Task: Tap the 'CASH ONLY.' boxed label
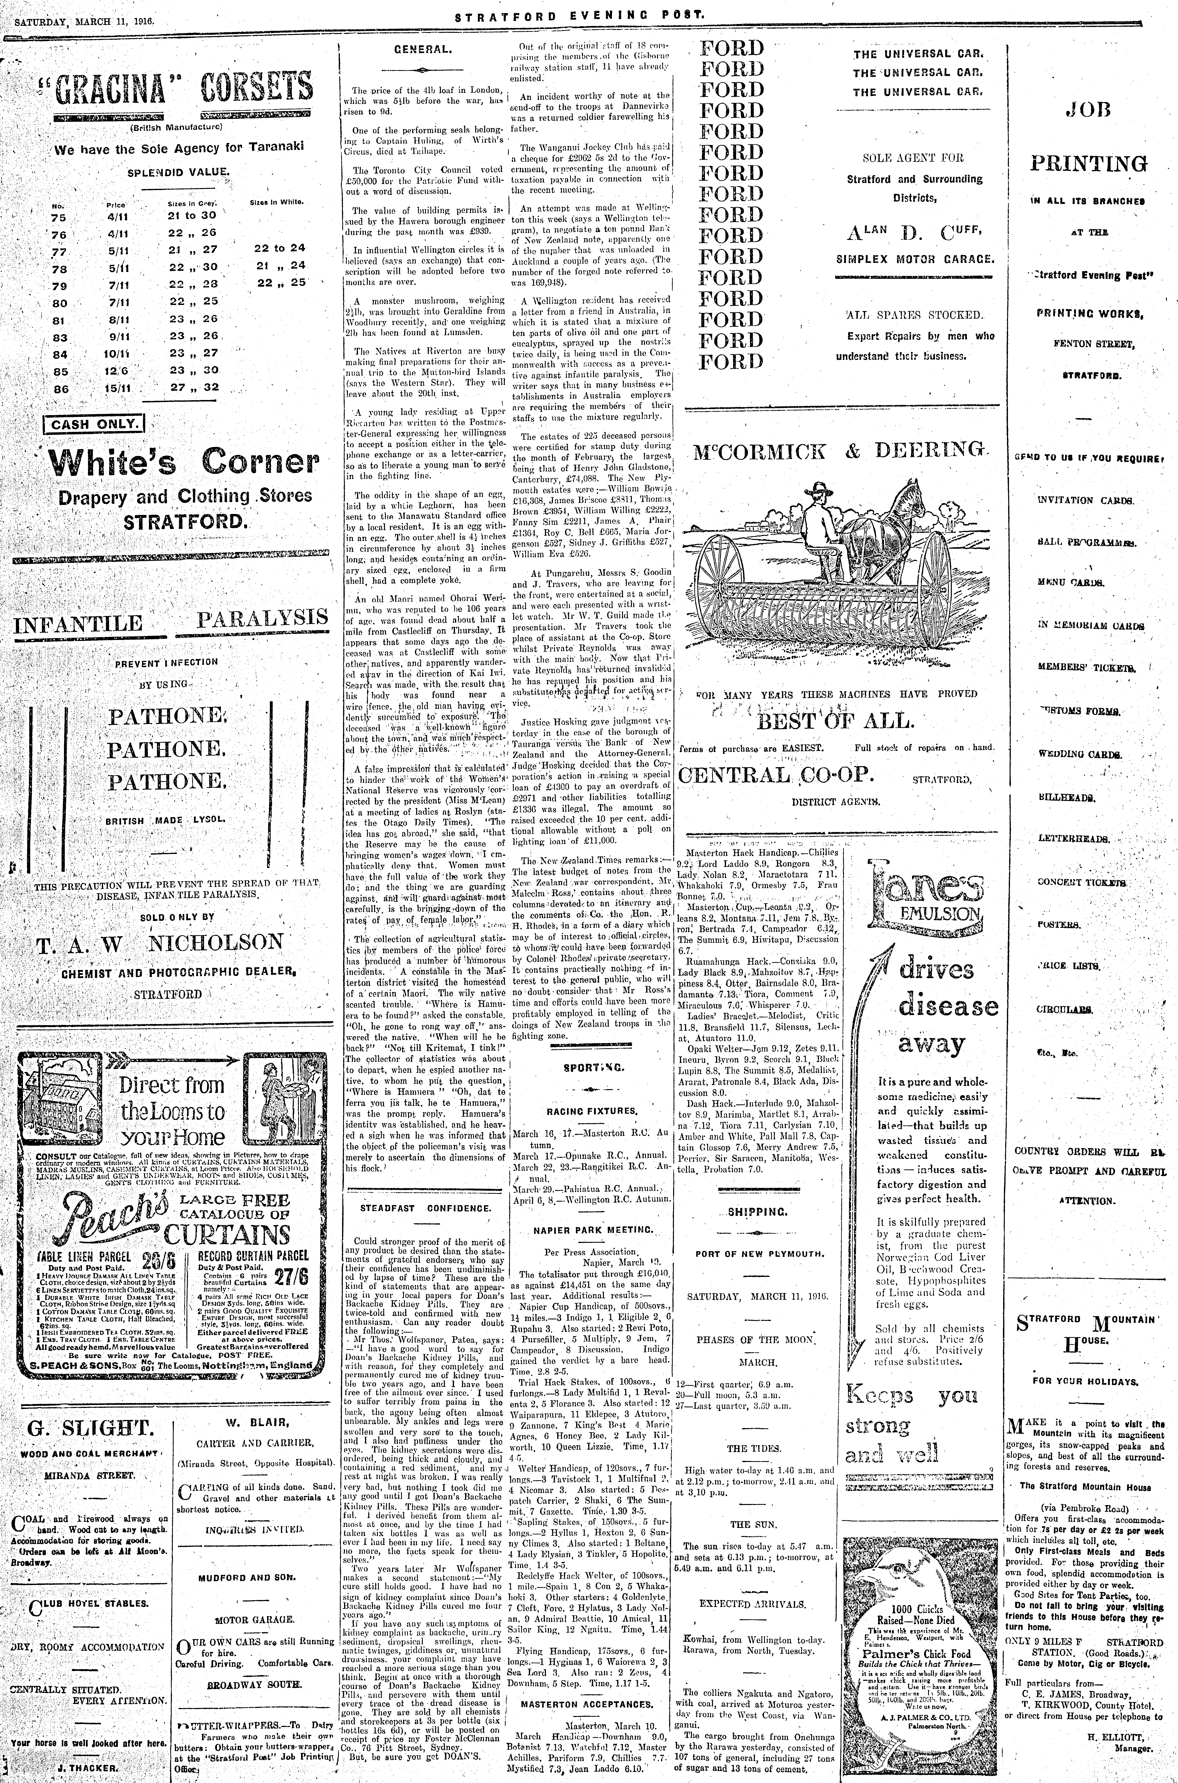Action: tap(95, 424)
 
